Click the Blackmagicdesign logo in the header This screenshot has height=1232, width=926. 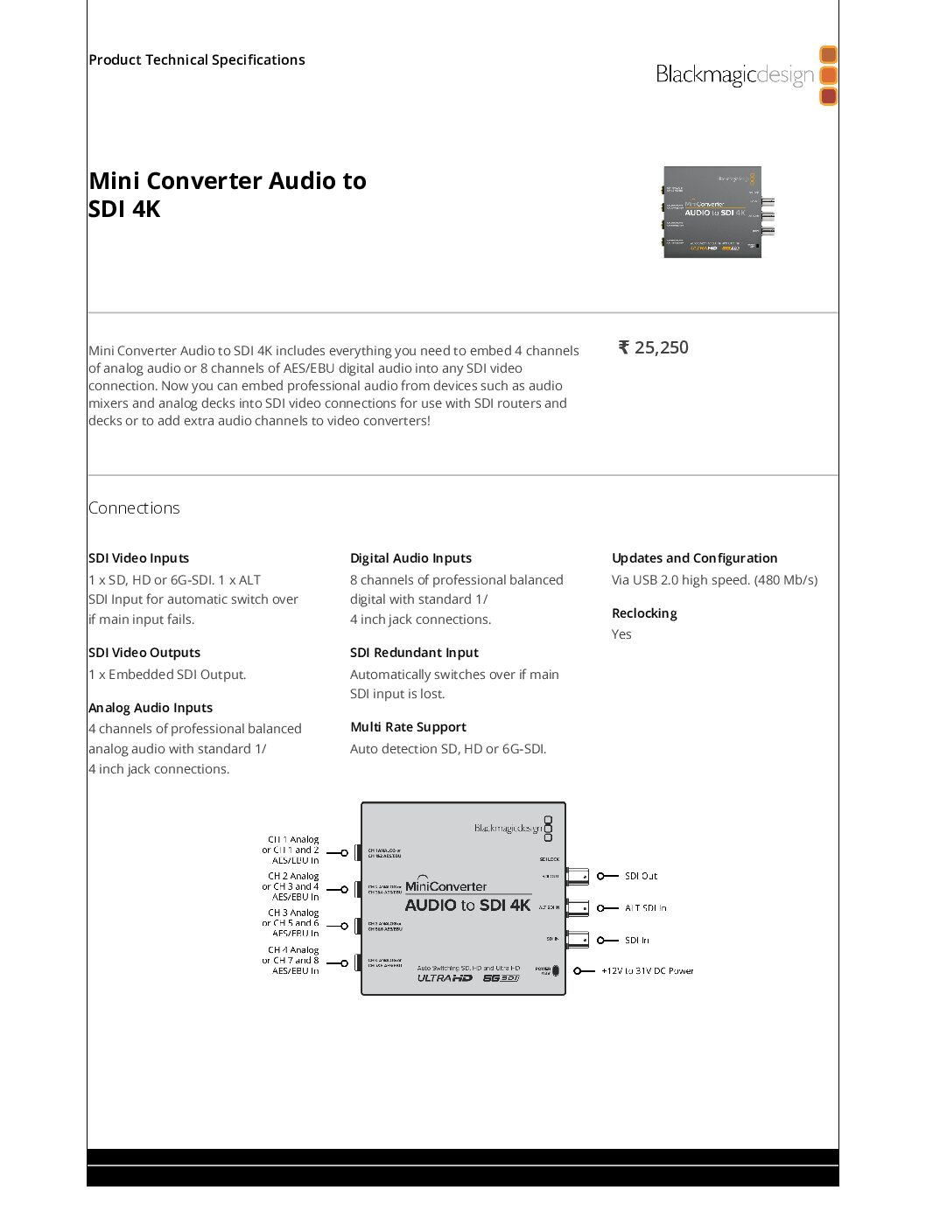pos(746,76)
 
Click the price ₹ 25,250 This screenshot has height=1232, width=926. pos(654,347)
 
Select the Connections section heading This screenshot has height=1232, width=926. pos(134,507)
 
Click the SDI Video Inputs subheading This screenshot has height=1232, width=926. pos(138,558)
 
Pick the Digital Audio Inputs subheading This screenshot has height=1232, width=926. pos(410,558)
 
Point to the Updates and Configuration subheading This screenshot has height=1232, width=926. pos(694,558)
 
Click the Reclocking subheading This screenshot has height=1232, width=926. pos(644,613)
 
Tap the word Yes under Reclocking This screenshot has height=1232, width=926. pos(621,634)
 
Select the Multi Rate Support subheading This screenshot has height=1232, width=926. pos(408,727)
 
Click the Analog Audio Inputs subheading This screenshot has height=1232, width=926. pos(151,708)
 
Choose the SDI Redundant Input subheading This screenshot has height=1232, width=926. pos(414,653)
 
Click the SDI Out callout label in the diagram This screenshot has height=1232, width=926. pos(641,876)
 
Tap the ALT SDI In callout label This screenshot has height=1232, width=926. pos(645,908)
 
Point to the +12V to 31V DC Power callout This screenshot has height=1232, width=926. pos(647,971)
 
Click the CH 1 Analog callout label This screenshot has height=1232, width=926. pos(293,840)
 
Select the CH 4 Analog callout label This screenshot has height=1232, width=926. pos(293,950)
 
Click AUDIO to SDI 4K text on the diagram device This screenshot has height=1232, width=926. pos(467,906)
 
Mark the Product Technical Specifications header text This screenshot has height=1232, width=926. pos(197,59)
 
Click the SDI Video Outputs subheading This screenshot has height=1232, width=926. pos(144,653)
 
